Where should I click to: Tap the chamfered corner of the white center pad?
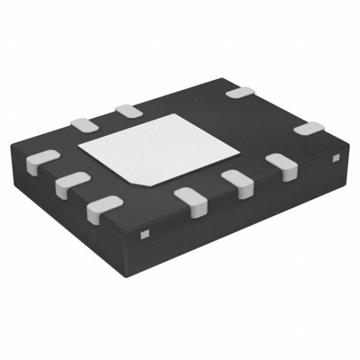coord(137,179)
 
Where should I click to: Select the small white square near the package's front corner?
coord(143,233)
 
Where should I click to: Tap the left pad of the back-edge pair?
coord(83,124)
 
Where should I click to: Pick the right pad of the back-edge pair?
coord(128,110)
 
